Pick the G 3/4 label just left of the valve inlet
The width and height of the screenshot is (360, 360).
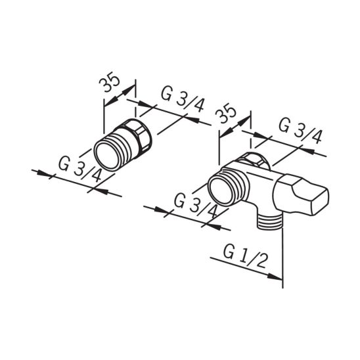point(196,204)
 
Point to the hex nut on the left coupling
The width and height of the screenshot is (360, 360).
point(140,133)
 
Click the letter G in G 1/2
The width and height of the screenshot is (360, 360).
point(229,251)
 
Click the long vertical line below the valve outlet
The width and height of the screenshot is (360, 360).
point(282,256)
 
